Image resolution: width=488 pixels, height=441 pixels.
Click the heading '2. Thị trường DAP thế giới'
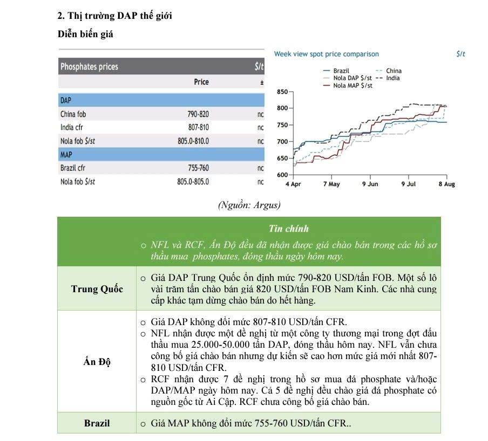point(114,16)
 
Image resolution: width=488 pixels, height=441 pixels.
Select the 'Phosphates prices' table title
point(89,67)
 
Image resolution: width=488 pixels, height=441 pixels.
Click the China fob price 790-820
point(198,114)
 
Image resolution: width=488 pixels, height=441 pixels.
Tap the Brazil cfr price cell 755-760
point(198,168)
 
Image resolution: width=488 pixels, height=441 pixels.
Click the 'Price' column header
point(201,82)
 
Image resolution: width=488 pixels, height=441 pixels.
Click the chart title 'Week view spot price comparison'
point(326,54)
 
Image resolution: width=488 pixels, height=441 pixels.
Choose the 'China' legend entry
point(394,71)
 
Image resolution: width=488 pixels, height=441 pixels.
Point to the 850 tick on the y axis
point(282,92)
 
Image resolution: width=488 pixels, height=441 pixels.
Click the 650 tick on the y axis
point(282,159)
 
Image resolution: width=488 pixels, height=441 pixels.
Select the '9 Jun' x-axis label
point(370,184)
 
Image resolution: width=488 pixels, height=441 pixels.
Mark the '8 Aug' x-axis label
point(446,184)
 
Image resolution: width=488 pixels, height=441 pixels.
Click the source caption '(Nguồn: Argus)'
point(249,205)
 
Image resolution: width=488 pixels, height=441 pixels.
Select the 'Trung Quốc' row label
point(97,289)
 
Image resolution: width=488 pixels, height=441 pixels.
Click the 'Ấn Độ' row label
point(97,362)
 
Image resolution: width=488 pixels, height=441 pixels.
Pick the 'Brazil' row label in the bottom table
point(97,423)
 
